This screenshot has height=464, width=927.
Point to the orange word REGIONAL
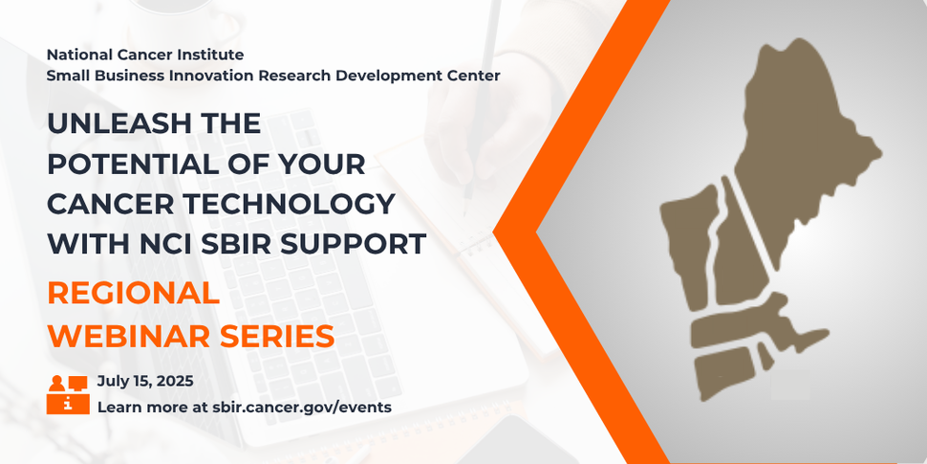click(x=133, y=294)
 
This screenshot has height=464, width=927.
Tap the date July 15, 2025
click(x=145, y=381)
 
